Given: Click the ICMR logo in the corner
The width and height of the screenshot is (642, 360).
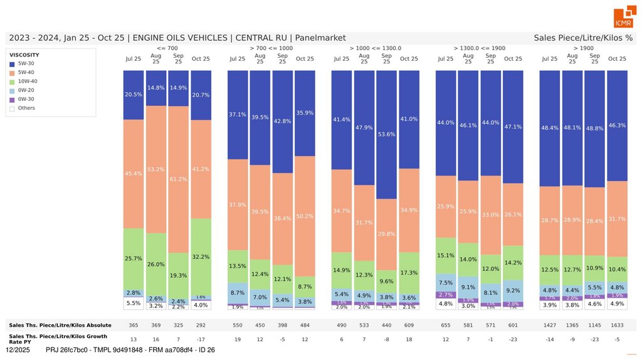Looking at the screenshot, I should (624, 18).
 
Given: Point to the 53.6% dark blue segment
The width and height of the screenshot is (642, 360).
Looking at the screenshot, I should (386, 134).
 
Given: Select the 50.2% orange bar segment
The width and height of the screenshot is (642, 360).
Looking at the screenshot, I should (305, 216).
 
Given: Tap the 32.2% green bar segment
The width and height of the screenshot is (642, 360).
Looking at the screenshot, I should (201, 257).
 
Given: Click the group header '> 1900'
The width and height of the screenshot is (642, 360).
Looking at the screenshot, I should (582, 48).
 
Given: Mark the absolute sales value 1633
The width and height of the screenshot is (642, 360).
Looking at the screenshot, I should (617, 325).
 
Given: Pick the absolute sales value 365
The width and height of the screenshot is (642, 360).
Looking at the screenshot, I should (133, 325).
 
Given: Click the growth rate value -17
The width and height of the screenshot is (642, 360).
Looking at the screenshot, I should (201, 339).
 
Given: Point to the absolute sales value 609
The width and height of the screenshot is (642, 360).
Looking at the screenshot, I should (409, 325).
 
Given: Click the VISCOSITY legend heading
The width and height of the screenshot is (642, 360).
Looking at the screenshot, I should (24, 55).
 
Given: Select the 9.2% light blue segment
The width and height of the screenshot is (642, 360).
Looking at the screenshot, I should (513, 291).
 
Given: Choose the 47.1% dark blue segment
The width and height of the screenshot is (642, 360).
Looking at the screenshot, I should (513, 127).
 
